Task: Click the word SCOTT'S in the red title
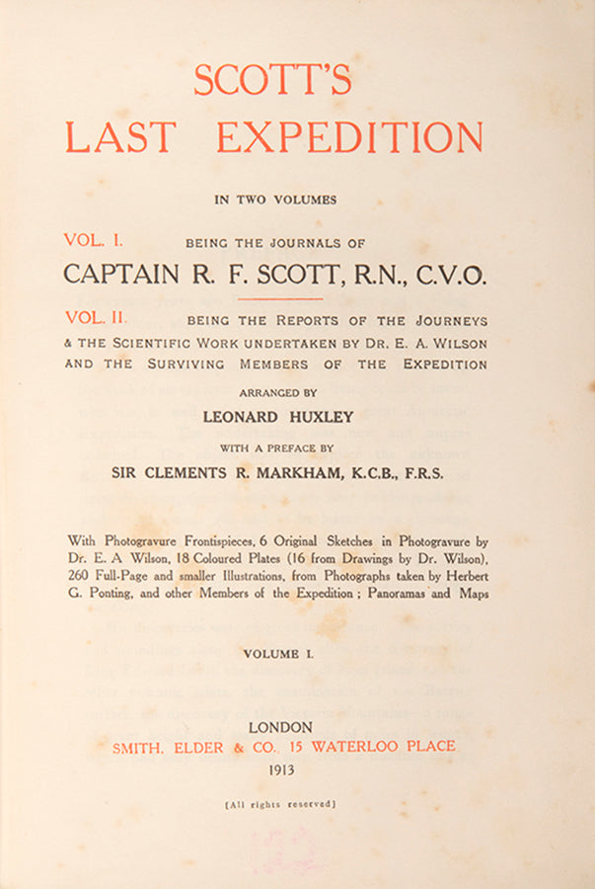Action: click(272, 79)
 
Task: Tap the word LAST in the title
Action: click(120, 136)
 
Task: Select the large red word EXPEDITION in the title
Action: click(349, 136)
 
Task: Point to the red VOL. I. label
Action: click(94, 239)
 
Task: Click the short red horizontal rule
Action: click(281, 298)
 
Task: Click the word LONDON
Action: click(281, 726)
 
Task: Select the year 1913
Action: click(281, 769)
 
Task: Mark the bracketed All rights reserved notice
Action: click(281, 804)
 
